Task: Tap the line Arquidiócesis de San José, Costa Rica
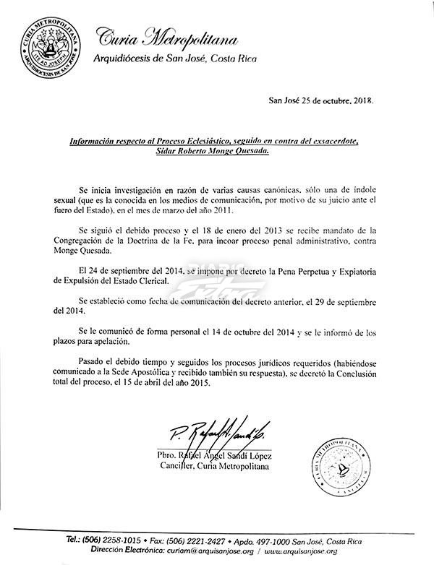tap(174, 58)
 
